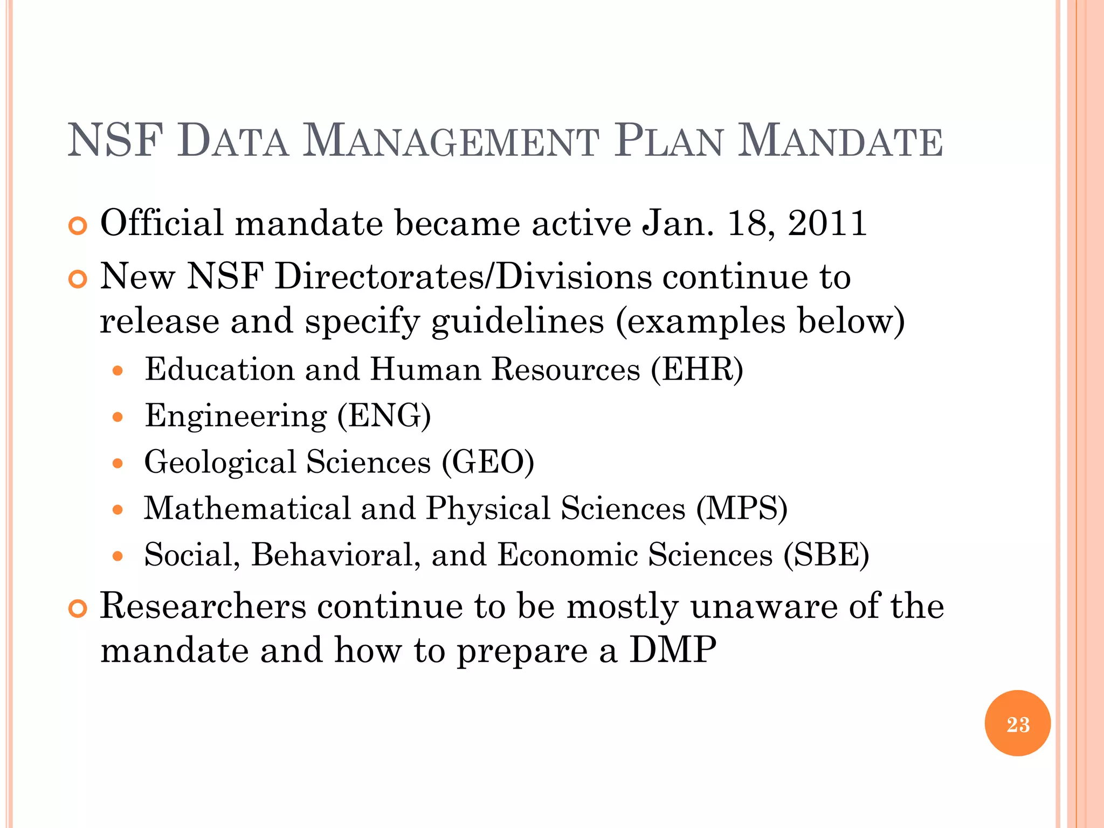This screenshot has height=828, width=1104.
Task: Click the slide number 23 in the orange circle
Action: click(x=1017, y=724)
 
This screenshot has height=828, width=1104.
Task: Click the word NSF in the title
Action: click(x=115, y=141)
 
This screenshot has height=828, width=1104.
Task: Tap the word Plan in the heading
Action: click(x=668, y=141)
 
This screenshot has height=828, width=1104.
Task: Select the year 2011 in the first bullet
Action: click(x=827, y=223)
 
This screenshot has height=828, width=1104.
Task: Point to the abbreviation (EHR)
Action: click(x=697, y=370)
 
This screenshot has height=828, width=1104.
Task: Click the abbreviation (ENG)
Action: click(x=384, y=416)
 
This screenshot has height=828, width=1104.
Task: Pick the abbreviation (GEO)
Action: click(x=488, y=463)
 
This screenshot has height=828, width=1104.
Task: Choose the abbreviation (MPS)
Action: click(x=742, y=509)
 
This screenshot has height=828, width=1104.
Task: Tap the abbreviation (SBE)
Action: click(x=826, y=555)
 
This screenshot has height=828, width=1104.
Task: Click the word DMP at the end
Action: click(x=673, y=650)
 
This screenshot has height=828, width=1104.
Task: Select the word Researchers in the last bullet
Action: click(x=203, y=606)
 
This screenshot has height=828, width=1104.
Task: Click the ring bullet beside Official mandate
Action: click(x=78, y=226)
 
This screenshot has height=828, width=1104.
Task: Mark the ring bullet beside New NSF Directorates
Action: click(x=78, y=280)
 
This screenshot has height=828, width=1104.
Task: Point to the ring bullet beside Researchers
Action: click(x=78, y=609)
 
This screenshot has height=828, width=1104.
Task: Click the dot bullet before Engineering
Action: click(x=118, y=417)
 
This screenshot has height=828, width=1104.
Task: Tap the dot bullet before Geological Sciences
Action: click(x=118, y=464)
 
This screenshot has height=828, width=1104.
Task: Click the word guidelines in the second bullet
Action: click(x=517, y=322)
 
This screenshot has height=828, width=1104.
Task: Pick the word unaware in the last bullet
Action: click(x=764, y=606)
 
